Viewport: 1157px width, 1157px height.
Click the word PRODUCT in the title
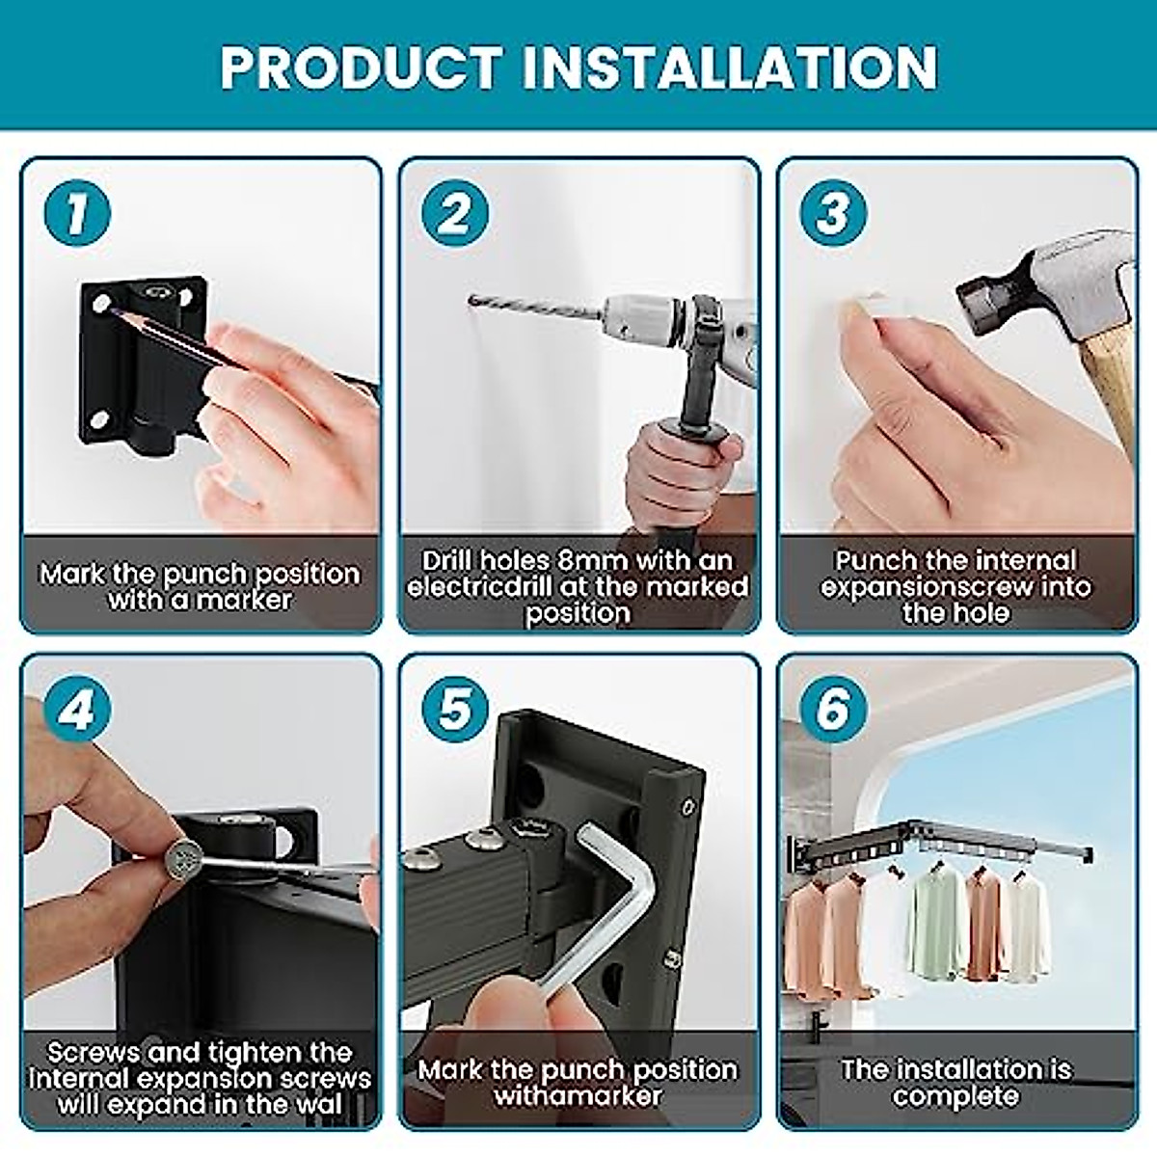(360, 67)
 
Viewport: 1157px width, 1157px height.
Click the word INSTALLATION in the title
(730, 67)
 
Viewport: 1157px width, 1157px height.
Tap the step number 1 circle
(77, 213)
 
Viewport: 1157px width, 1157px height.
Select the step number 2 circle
(454, 213)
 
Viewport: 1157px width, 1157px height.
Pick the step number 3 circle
(833, 213)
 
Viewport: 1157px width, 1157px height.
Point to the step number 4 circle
(77, 711)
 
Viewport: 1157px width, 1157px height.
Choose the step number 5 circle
(454, 711)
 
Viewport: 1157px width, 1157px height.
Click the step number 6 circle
(833, 711)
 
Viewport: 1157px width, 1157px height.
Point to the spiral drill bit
(535, 308)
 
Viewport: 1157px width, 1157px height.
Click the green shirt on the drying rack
(935, 921)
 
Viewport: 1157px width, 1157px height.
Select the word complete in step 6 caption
(955, 1096)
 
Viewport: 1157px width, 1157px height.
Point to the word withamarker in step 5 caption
(578, 1096)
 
